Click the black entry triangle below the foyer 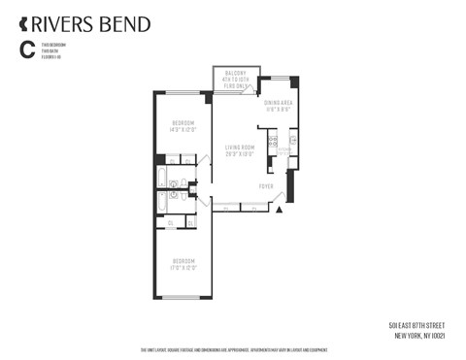(x=280, y=209)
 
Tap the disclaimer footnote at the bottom (x=233, y=350)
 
